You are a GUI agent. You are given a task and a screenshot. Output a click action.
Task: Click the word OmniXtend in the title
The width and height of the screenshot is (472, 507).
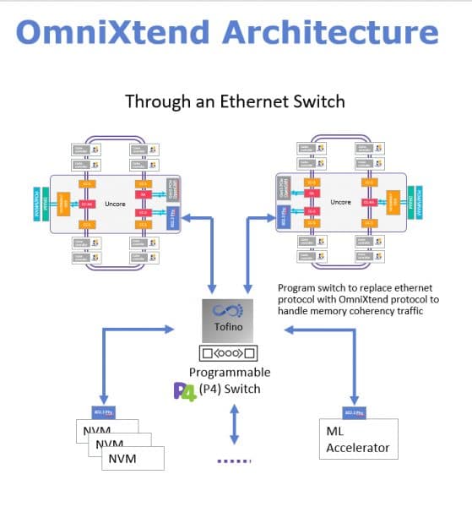pos(113,33)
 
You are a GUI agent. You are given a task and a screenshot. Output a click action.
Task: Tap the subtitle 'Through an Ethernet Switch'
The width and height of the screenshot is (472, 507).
pos(235,101)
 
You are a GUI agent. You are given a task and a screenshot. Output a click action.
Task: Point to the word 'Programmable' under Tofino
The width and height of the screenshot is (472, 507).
pos(230,372)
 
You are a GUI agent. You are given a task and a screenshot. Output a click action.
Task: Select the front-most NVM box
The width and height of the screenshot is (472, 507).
pos(132,458)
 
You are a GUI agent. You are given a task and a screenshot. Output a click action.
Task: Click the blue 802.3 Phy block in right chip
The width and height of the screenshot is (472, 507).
pos(282,218)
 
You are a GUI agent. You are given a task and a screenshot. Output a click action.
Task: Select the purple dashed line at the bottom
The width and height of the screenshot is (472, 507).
pos(236,461)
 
